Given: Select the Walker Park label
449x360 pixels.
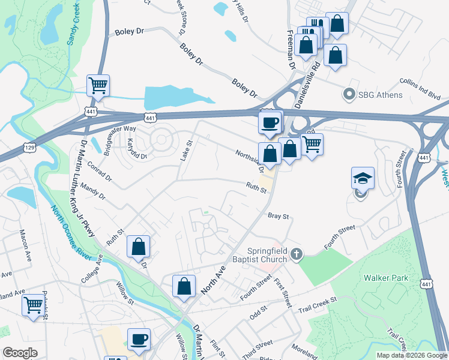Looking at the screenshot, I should [386, 278].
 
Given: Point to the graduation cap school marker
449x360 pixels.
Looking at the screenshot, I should [363, 178].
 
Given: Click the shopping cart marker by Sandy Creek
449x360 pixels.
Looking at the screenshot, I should [98, 85].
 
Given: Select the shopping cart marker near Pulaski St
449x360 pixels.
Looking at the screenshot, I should [32, 304].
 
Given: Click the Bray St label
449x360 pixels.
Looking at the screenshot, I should [279, 215].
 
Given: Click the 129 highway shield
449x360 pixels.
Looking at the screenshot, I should [28, 147].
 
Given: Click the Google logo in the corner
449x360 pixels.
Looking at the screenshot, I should [20, 353].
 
